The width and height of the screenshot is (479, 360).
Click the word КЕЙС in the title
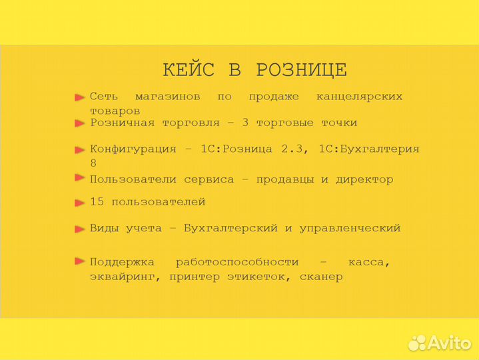pos(189,70)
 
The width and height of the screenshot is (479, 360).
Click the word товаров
pos(115,111)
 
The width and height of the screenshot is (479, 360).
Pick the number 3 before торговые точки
pos(246,123)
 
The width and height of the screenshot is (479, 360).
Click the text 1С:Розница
pos(236,149)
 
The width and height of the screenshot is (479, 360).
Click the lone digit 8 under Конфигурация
pos(93,163)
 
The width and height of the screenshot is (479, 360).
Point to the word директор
pos(364,179)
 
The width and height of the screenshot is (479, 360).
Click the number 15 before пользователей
pos(97,201)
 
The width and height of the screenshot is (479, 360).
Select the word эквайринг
pos(125,277)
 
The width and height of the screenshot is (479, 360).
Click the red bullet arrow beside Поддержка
pos(79,261)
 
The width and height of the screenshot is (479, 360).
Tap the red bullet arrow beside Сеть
pos(79,97)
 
